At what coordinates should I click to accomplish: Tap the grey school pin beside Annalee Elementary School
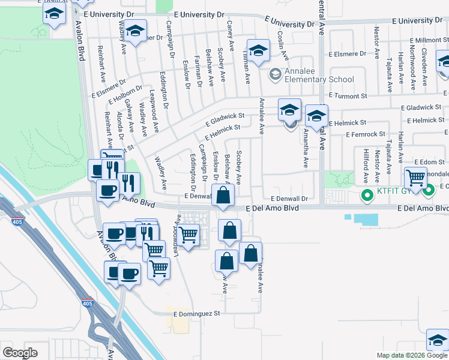(x=276, y=75)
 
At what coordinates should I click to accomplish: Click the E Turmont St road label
(x=348, y=96)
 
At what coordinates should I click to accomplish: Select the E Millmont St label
(x=427, y=40)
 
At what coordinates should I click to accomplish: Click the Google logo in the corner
(x=20, y=353)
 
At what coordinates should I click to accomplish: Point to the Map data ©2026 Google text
(x=412, y=355)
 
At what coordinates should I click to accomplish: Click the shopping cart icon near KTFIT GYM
(x=415, y=178)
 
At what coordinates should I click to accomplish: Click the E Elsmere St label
(x=348, y=52)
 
